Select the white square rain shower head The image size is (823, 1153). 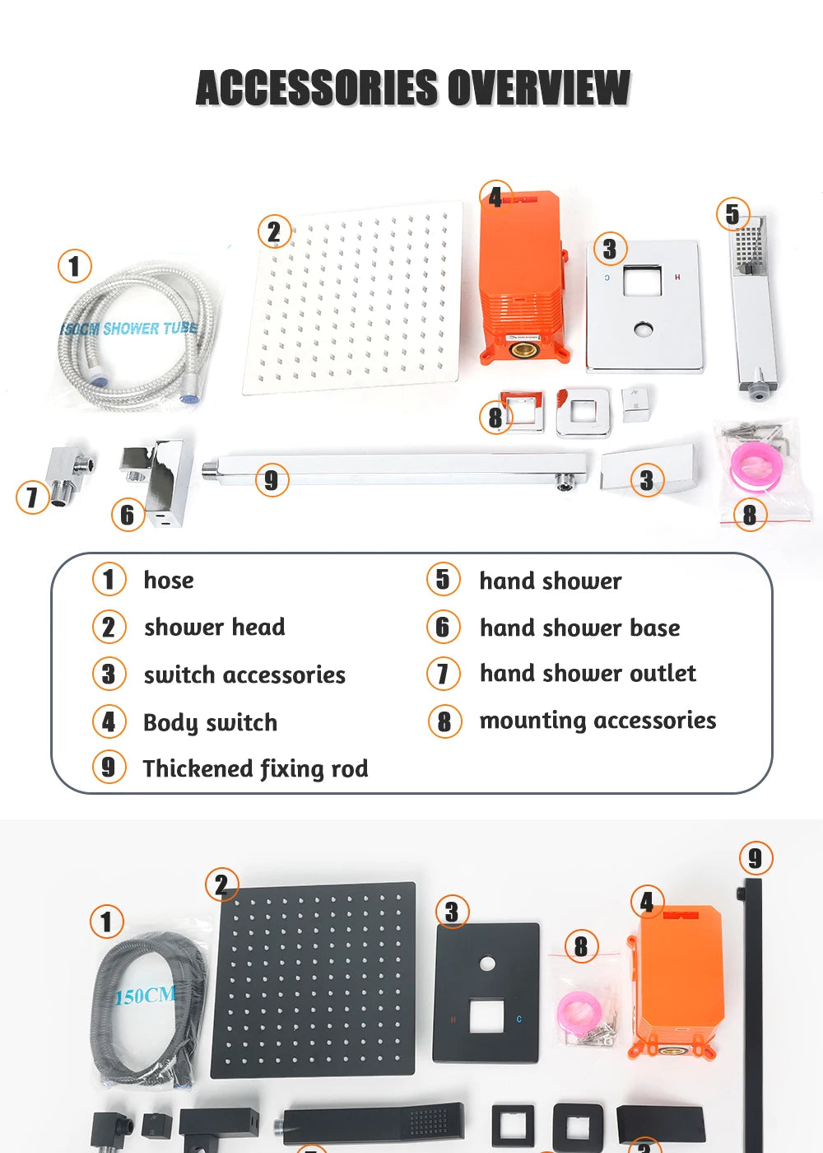[x=353, y=298]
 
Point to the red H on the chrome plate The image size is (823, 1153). [x=677, y=278]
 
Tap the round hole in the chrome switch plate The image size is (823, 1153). [x=642, y=329]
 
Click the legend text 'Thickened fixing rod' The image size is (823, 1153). [x=256, y=769]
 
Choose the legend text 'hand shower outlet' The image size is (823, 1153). [x=588, y=674]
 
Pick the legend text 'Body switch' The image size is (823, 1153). [x=211, y=723]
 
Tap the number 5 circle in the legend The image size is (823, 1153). [x=444, y=579]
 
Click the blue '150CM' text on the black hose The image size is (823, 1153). [x=146, y=996]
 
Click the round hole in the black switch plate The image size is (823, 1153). [x=487, y=964]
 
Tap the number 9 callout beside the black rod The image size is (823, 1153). [x=756, y=858]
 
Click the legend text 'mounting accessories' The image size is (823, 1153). [x=597, y=721]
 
